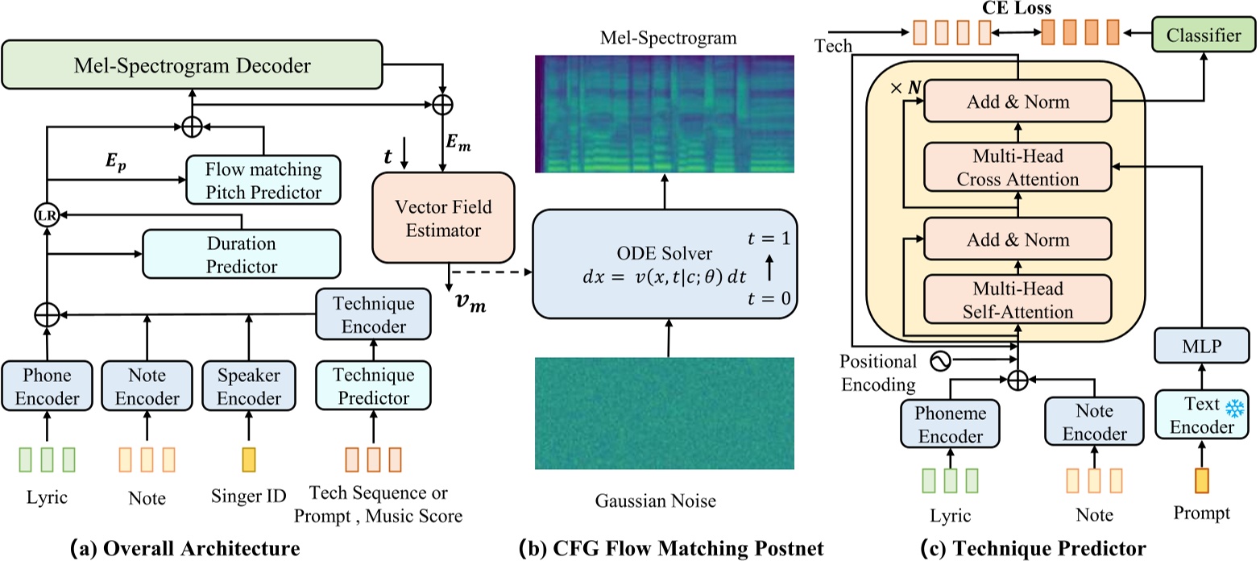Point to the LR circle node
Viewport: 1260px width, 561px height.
click(47, 215)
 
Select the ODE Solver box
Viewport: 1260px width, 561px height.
click(663, 264)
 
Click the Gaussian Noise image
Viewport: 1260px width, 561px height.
click(665, 413)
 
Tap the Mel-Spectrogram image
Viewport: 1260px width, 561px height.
click(665, 113)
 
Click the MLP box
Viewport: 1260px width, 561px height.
click(1201, 347)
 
